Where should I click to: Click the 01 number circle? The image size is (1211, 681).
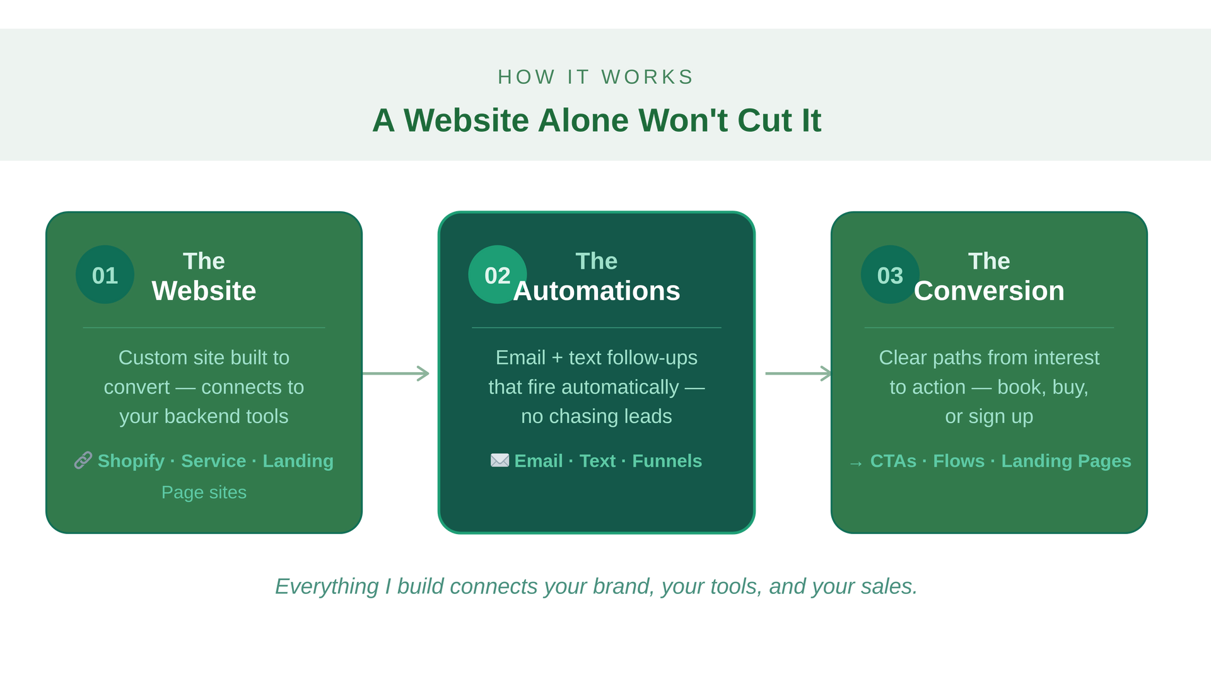click(105, 274)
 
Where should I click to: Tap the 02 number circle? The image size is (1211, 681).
click(497, 274)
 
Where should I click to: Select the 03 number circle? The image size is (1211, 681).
click(890, 274)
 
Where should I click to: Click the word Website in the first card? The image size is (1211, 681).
click(204, 291)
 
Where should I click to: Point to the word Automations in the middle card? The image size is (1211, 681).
click(597, 291)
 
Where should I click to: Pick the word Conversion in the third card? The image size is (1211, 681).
click(989, 291)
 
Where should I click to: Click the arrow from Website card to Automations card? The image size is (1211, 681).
click(395, 373)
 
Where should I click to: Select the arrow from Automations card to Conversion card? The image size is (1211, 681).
click(799, 373)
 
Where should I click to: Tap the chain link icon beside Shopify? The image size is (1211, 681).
click(83, 460)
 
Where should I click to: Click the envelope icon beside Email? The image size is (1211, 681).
click(500, 460)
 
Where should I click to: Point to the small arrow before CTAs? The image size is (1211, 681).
click(856, 464)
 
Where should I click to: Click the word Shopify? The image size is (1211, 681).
click(131, 461)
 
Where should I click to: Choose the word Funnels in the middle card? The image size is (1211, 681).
click(667, 461)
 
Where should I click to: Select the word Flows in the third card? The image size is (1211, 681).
click(959, 461)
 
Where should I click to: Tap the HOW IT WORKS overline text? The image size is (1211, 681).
click(596, 77)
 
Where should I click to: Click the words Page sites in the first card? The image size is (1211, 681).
click(204, 492)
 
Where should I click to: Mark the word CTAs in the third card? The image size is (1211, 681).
click(893, 461)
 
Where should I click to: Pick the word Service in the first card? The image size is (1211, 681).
click(214, 461)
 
